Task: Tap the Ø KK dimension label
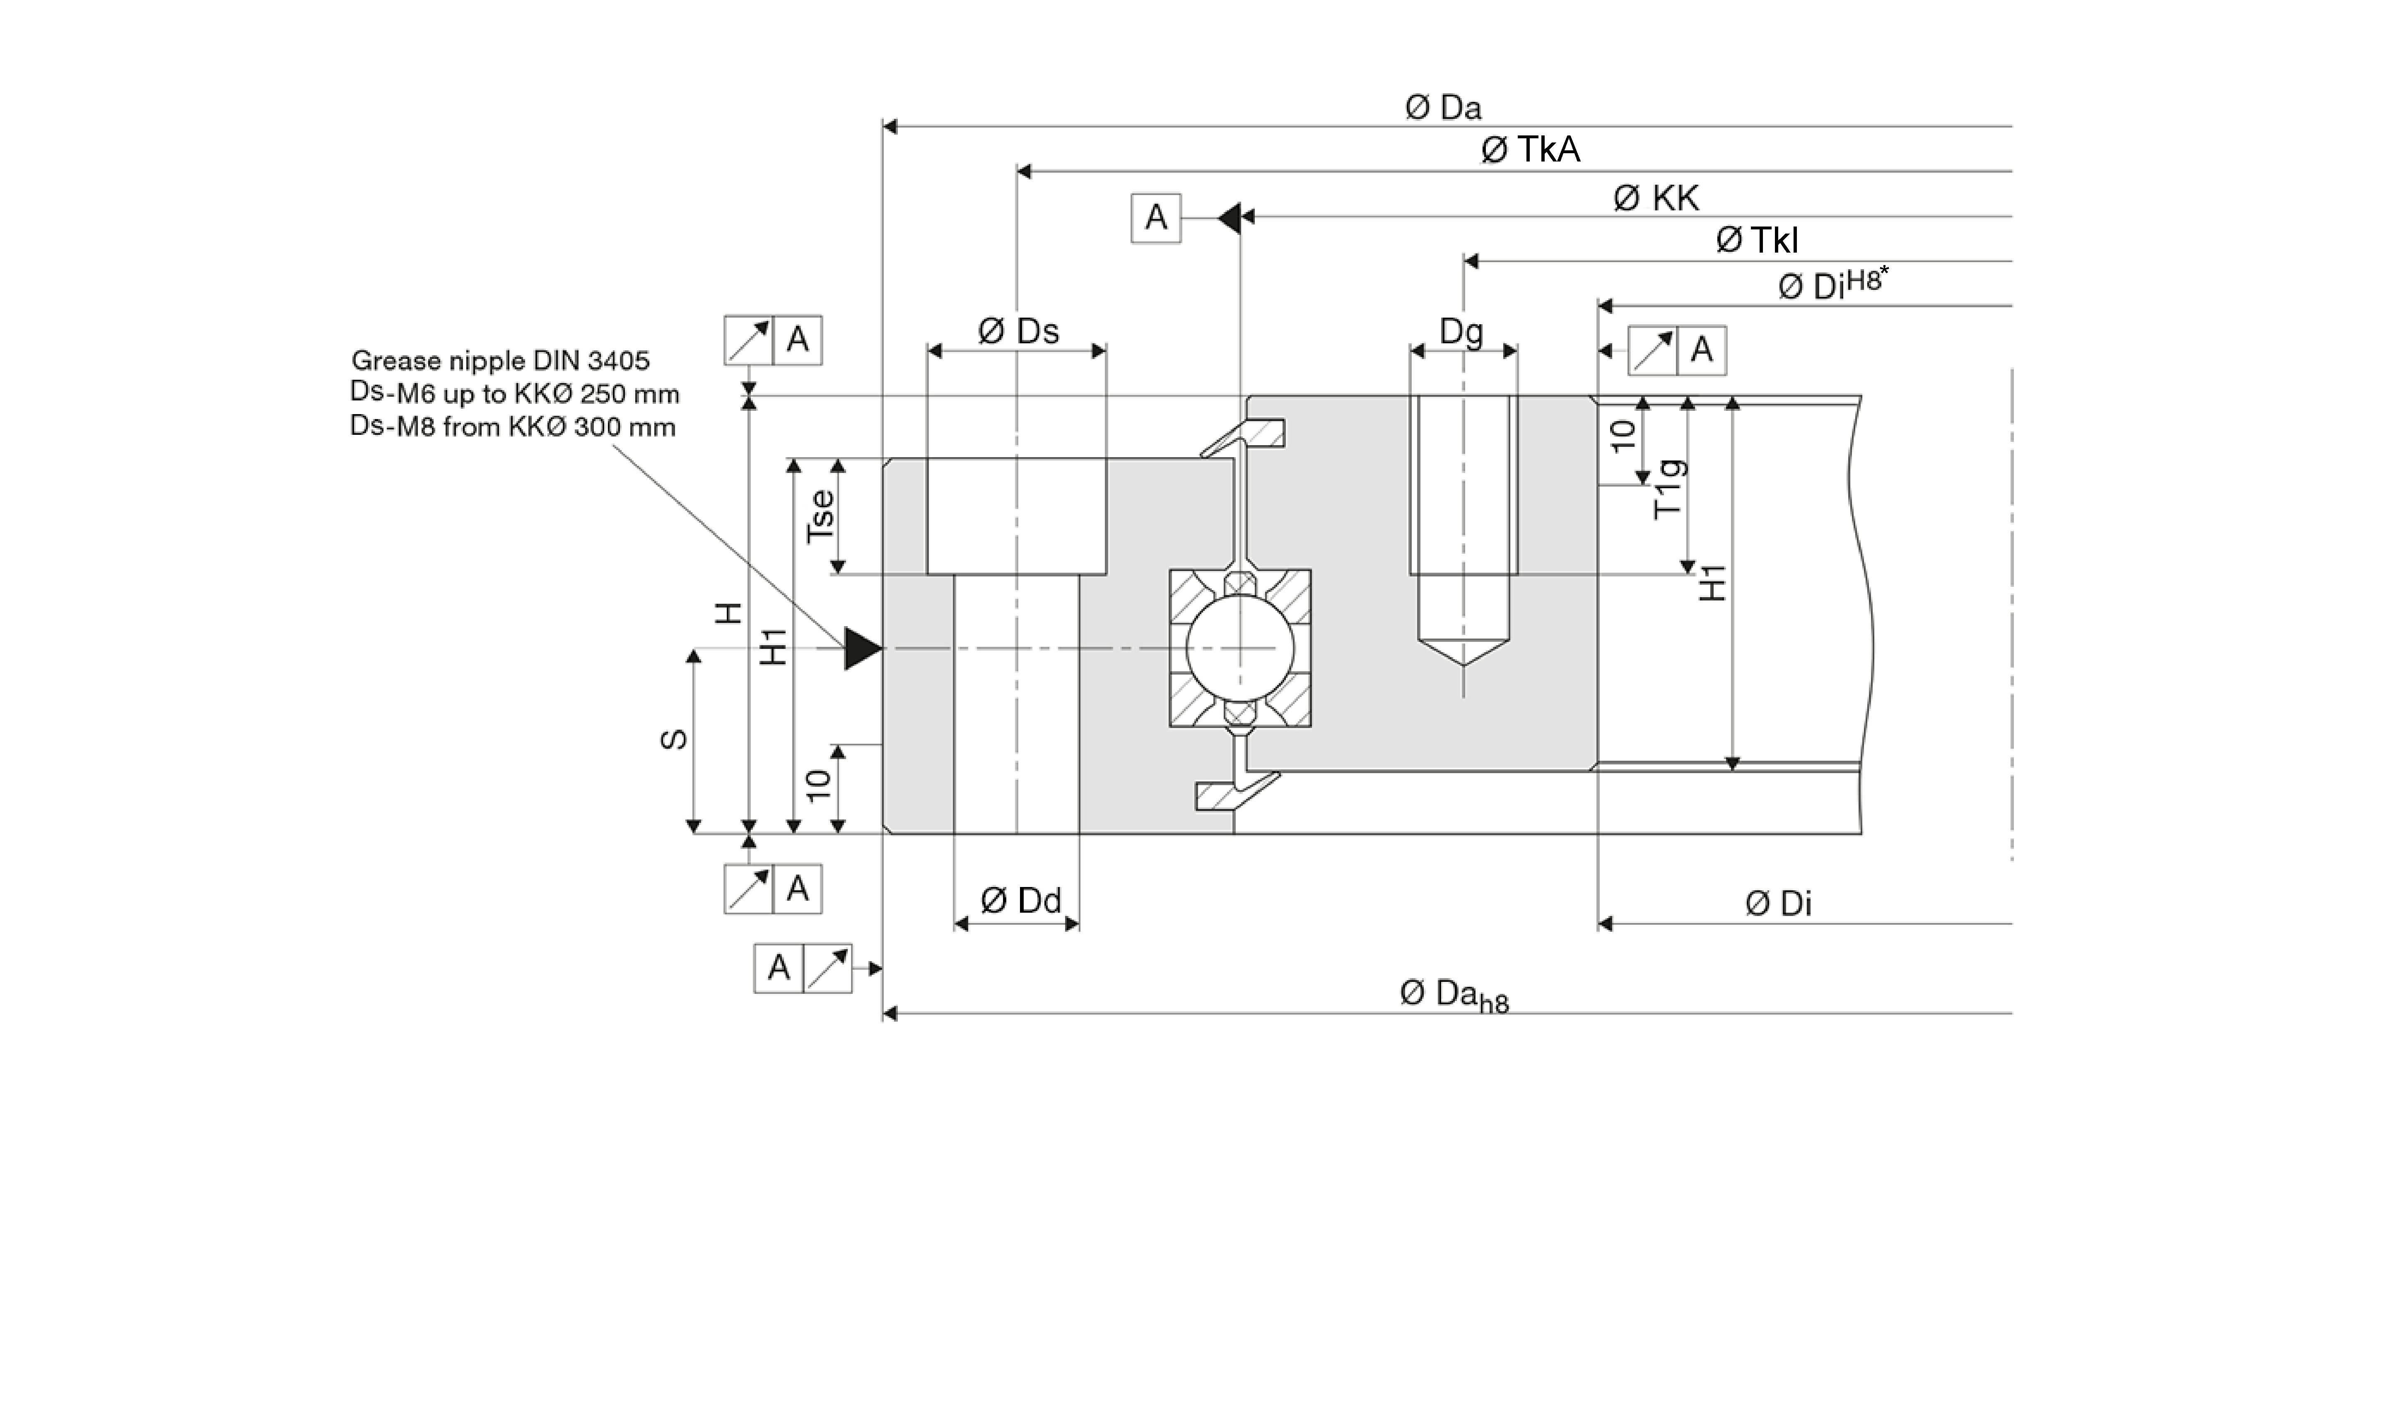(x=1656, y=198)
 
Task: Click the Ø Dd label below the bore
(x=1020, y=901)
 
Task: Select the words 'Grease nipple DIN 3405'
(x=500, y=361)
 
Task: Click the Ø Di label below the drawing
(x=1778, y=904)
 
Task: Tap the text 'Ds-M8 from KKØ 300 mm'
(x=513, y=427)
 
